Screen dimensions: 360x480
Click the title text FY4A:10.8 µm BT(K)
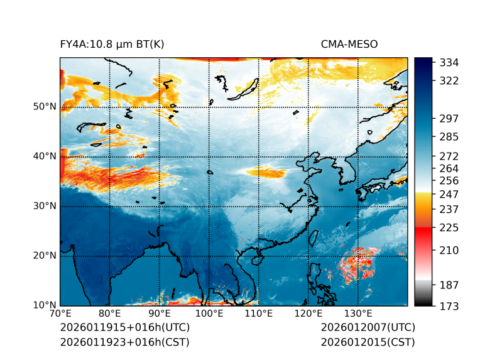coord(112,44)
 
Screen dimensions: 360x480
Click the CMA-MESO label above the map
coord(349,44)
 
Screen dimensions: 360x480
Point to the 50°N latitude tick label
coord(44,107)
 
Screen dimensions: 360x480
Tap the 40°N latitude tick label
coord(44,156)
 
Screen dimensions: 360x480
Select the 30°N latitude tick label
coord(44,206)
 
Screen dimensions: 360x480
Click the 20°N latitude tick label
coord(44,256)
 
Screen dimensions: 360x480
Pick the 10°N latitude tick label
coord(44,306)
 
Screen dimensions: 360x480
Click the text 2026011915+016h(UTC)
coord(124,328)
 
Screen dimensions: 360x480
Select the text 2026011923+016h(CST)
coord(124,342)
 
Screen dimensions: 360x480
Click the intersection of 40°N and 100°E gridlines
coord(209,156)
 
